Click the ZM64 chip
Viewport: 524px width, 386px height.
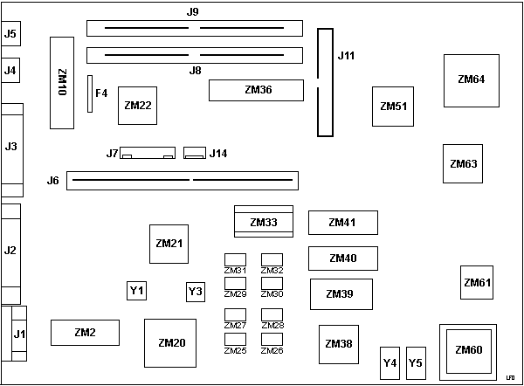[x=472, y=79]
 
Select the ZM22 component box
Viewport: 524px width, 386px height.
[x=138, y=107]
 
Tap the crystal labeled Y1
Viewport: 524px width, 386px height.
[x=137, y=290]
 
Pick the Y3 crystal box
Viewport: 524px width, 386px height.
[x=196, y=291]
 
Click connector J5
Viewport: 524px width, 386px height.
[x=10, y=34]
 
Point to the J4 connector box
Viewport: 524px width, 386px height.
[x=10, y=70]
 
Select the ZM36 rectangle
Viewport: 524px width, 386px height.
[x=256, y=89]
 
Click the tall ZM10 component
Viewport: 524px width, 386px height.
[x=62, y=83]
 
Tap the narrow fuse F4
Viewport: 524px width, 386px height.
[x=88, y=93]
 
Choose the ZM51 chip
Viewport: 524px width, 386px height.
[x=393, y=107]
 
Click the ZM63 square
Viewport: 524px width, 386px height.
[x=463, y=163]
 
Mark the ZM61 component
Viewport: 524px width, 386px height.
[x=477, y=282]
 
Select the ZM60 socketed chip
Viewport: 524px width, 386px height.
[x=469, y=350]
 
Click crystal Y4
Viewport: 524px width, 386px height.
[x=390, y=362]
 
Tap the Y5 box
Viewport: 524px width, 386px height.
[x=416, y=362]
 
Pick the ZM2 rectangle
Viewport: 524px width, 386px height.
[x=85, y=333]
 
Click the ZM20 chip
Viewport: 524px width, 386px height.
[x=171, y=343]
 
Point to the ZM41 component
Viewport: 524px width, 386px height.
[x=342, y=223]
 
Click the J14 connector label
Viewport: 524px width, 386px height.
[x=218, y=154]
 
